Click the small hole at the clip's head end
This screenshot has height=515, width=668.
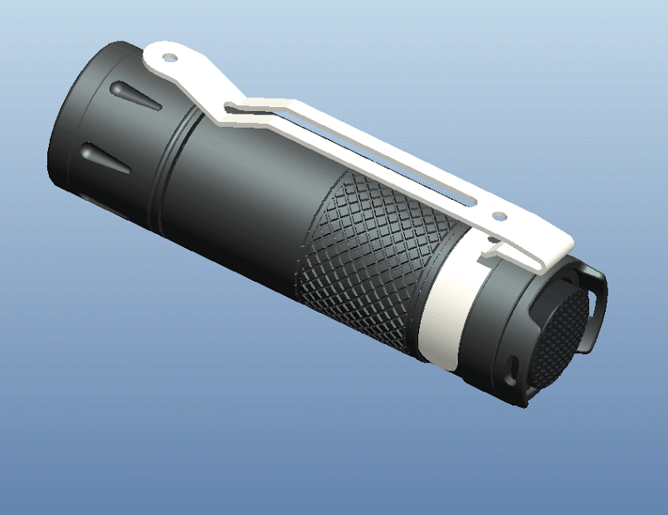pyautogui.click(x=169, y=58)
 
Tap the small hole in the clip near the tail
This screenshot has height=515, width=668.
pyautogui.click(x=500, y=216)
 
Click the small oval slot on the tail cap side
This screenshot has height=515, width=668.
pyautogui.click(x=512, y=365)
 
